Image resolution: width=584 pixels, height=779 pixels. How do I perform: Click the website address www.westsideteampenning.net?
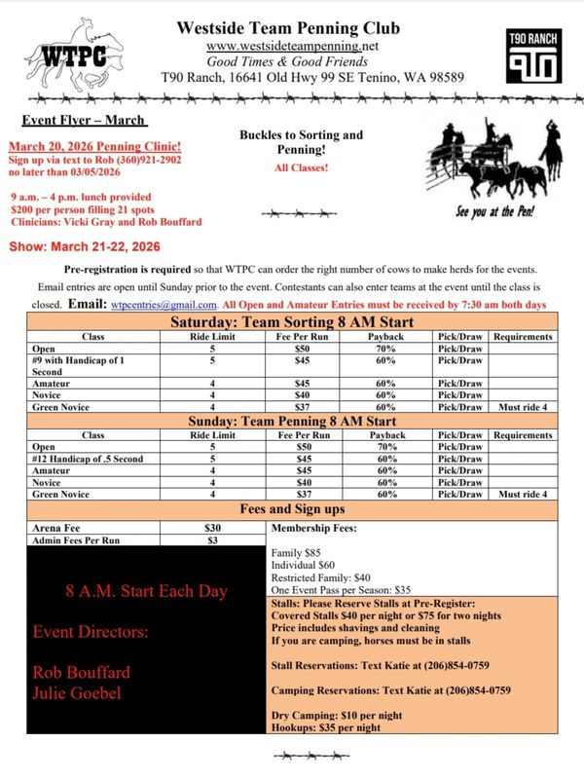click(292, 46)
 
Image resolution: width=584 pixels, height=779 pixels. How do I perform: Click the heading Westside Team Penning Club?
click(288, 28)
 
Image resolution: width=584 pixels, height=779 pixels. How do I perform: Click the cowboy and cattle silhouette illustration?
click(497, 161)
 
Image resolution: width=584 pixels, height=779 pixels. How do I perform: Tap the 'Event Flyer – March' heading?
click(82, 121)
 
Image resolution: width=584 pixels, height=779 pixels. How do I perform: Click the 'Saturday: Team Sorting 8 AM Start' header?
click(292, 322)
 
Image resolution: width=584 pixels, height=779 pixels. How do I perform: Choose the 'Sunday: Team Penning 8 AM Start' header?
click(292, 421)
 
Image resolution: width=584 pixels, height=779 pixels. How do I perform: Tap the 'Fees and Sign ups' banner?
click(292, 508)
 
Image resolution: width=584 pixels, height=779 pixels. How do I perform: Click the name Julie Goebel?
click(77, 692)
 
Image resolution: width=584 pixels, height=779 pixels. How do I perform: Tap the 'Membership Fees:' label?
click(314, 528)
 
